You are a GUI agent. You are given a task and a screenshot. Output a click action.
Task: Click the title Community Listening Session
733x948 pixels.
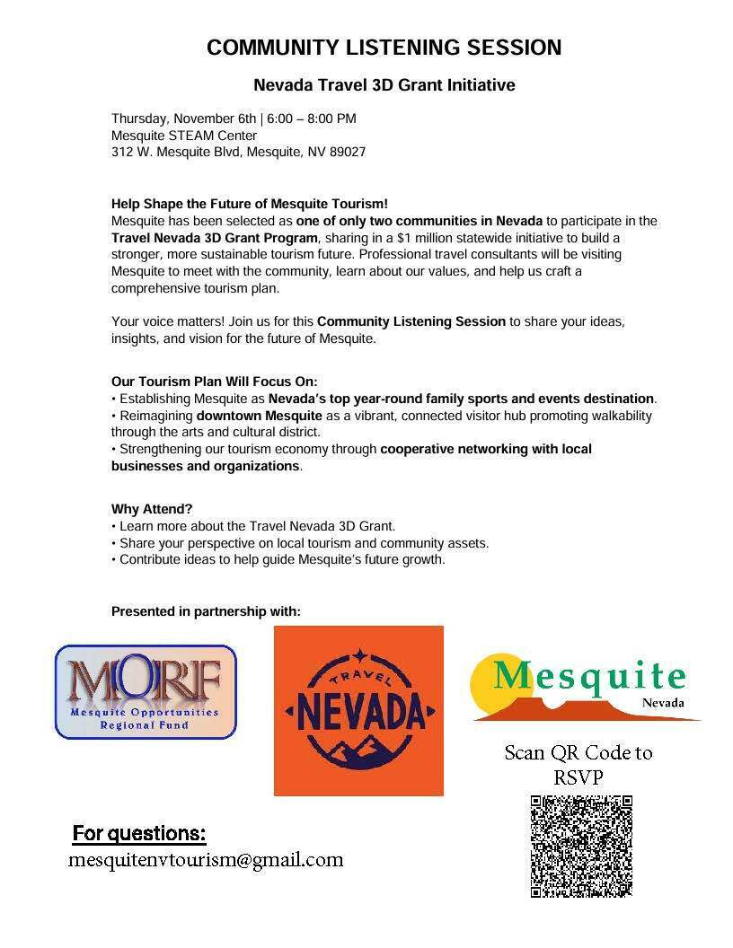point(384,48)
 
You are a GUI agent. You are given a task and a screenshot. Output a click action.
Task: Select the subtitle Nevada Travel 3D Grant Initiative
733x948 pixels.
point(384,85)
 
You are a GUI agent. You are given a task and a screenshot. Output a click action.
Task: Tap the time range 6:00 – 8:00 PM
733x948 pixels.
point(312,118)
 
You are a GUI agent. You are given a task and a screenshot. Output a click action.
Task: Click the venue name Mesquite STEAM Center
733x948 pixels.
point(184,136)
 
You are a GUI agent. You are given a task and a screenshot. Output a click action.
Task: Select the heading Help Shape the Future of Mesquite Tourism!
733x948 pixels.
point(250,204)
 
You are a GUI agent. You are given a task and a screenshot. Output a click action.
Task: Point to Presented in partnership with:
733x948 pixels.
point(206,611)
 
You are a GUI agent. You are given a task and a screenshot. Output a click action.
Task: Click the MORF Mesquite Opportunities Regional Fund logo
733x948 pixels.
point(146,691)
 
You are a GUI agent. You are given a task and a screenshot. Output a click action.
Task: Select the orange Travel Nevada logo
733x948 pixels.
point(358,710)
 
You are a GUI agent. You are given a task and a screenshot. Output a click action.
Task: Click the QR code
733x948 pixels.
point(581,846)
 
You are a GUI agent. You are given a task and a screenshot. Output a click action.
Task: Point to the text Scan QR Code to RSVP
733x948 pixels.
point(578,764)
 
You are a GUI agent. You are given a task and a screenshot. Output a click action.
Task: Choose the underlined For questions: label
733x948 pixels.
point(139,833)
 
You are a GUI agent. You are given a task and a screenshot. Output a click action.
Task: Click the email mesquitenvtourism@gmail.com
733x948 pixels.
point(206,860)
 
